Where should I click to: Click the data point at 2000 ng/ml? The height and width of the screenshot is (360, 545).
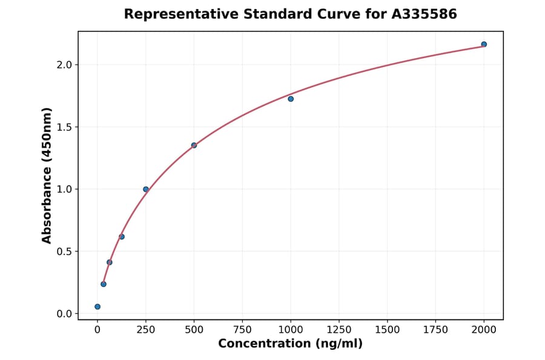pos(484,44)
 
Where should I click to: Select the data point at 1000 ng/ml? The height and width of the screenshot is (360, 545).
pos(291,99)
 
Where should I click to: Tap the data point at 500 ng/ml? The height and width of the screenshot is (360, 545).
pos(194,145)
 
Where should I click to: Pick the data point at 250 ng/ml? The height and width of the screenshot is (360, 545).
pos(146,189)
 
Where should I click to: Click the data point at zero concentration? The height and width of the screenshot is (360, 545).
pos(97,307)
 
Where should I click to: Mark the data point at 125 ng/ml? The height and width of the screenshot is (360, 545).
pos(122,236)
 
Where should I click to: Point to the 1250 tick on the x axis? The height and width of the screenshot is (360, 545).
pos(339,330)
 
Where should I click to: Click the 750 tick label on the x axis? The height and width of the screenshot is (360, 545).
pos(242,330)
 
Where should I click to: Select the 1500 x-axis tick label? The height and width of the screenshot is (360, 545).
pos(388,330)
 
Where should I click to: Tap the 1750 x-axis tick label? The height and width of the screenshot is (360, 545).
pos(436,330)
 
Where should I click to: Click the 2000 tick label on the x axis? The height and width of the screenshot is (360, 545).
pos(484,330)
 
